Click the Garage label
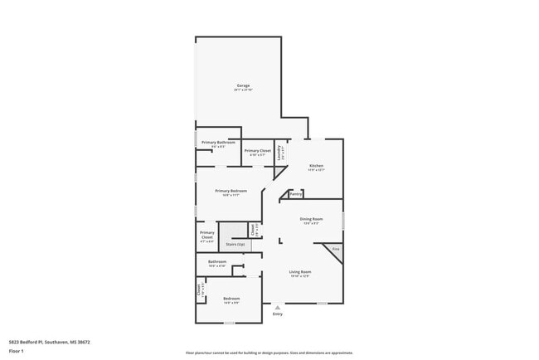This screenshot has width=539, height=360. (243, 85)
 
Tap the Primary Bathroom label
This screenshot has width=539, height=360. (219, 143)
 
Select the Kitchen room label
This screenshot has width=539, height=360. (316, 166)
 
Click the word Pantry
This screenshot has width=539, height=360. (295, 195)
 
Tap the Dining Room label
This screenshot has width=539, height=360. (311, 219)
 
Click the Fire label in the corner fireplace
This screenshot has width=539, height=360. (336, 249)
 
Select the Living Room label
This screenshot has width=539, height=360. (299, 272)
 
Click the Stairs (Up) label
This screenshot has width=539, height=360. (236, 245)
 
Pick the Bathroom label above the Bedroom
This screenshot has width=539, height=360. (217, 261)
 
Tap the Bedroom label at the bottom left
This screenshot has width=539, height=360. (231, 299)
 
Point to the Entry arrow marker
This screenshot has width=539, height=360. (277, 308)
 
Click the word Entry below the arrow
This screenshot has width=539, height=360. (277, 314)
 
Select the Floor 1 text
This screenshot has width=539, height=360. (16, 351)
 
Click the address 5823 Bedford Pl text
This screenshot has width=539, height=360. (49, 342)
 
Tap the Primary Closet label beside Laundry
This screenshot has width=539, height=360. (257, 151)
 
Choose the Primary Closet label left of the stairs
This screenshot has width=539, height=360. (207, 235)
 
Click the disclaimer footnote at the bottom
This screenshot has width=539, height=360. (269, 353)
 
